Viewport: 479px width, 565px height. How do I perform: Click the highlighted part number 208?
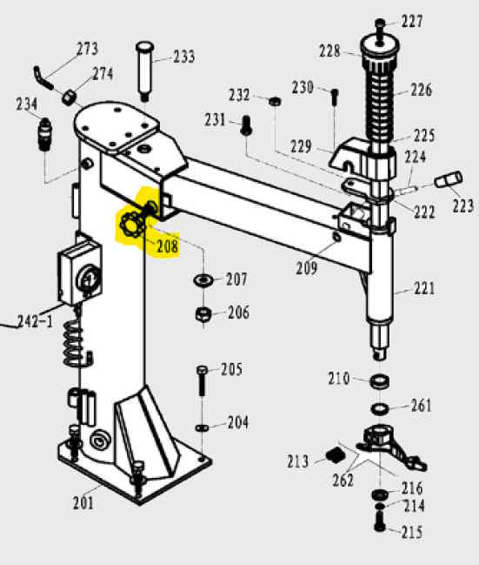pyautogui.click(x=167, y=246)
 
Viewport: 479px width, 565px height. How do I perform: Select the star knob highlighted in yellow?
pyautogui.click(x=132, y=226)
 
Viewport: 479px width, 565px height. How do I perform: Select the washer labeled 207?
pyautogui.click(x=202, y=281)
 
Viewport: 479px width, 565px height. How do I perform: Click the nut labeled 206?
pyautogui.click(x=201, y=313)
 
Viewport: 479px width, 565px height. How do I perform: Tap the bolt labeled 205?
pyautogui.click(x=202, y=382)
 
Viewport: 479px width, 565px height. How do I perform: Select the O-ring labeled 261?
pyautogui.click(x=380, y=408)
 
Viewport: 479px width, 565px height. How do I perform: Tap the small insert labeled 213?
pyautogui.click(x=331, y=454)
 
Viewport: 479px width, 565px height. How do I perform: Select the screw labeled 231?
pyautogui.click(x=246, y=126)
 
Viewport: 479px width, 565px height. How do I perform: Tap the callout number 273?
pyautogui.click(x=88, y=49)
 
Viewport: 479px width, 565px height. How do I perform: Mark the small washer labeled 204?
pyautogui.click(x=202, y=427)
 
